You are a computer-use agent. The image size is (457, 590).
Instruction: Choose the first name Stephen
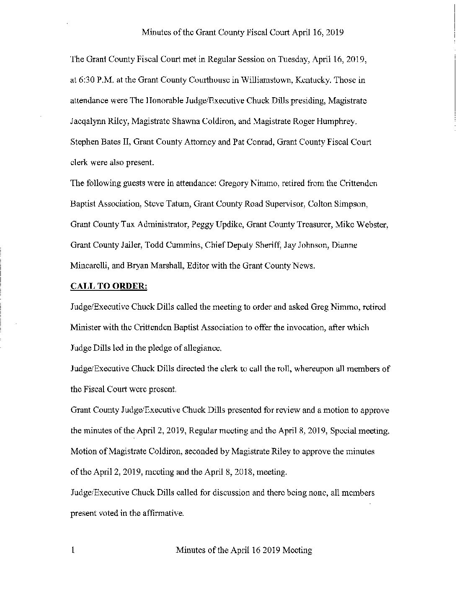click(x=84, y=142)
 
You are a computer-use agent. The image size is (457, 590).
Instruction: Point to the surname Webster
click(x=374, y=225)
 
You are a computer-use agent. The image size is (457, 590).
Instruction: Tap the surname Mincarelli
click(x=89, y=266)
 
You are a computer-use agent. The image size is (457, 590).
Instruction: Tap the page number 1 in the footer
click(x=73, y=550)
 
